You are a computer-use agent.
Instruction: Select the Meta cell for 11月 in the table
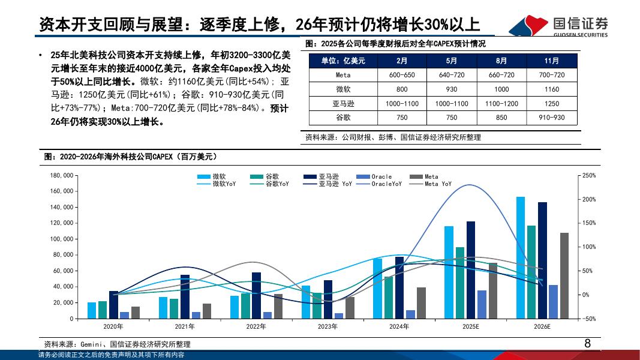(552, 75)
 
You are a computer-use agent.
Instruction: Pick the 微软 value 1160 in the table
(552, 89)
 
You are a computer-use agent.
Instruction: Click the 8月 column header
(501, 61)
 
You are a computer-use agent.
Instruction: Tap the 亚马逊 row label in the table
(342, 103)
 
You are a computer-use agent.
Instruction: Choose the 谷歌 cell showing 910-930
(552, 118)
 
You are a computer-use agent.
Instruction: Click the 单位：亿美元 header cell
(342, 61)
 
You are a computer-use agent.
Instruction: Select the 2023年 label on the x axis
(327, 326)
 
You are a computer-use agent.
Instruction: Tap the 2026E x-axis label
(542, 326)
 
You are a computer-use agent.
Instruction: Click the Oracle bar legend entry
(374, 176)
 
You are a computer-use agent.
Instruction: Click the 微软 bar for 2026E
(521, 258)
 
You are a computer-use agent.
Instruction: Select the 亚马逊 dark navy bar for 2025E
(470, 270)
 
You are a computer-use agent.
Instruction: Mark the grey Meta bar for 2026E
(564, 276)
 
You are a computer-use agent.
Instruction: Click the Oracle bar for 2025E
(482, 304)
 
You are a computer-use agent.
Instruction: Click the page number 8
(587, 344)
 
